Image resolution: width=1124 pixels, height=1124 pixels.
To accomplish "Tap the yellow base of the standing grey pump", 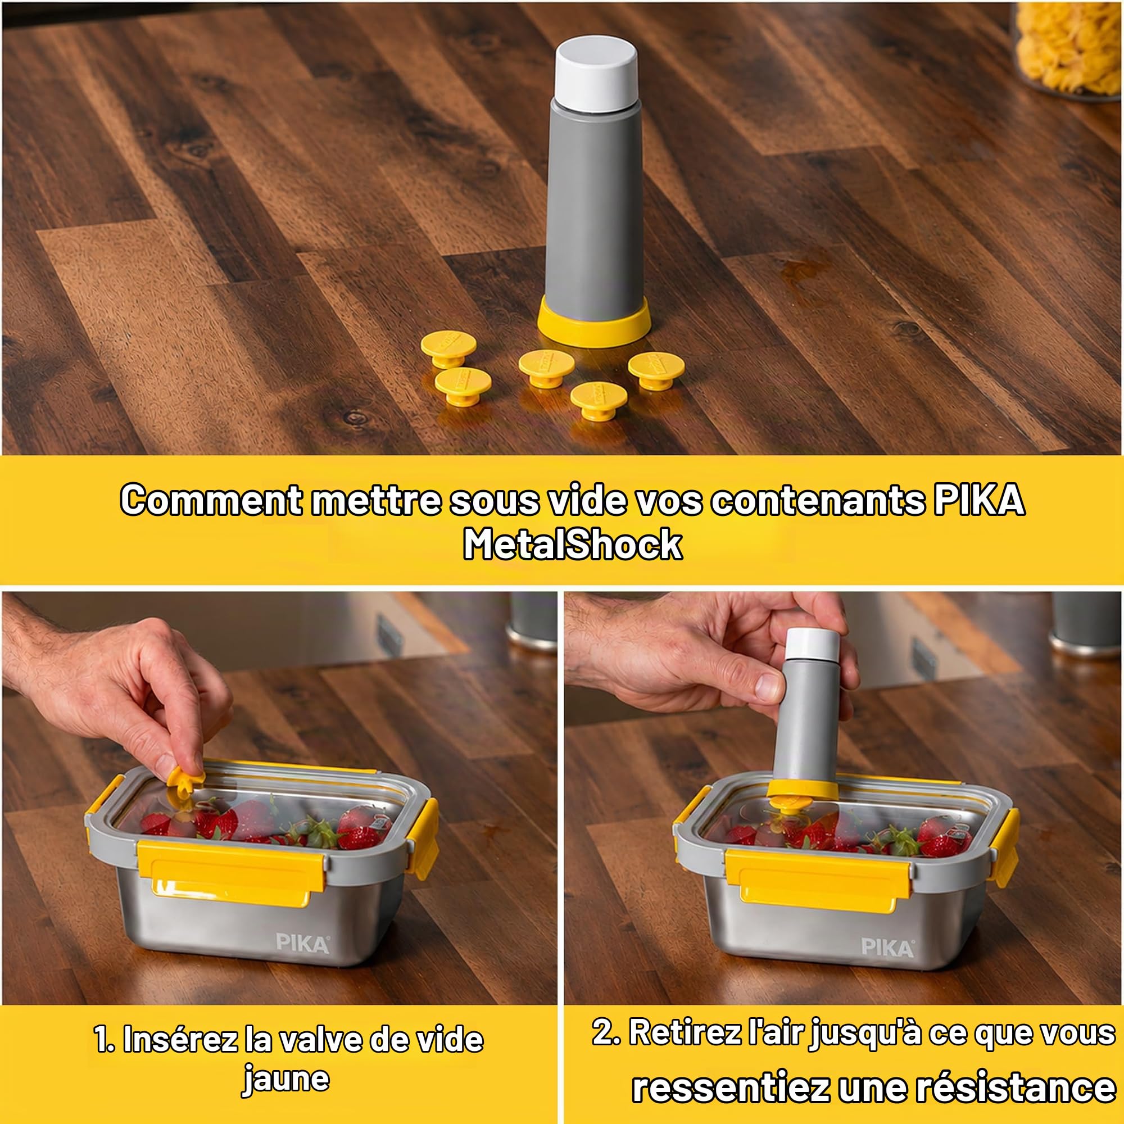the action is [x=593, y=321].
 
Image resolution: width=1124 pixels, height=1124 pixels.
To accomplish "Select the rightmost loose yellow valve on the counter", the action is [x=656, y=369].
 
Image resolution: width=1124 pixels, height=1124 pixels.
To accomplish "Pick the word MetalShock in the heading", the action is [x=573, y=545].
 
